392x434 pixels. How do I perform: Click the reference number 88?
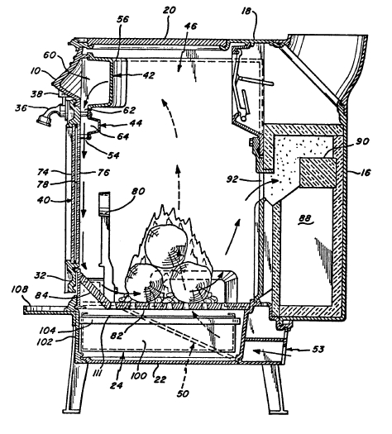pos(306,219)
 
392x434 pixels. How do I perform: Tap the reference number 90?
pos(363,141)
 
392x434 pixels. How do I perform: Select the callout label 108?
pos(20,290)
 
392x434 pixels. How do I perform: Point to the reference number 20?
pos(169,11)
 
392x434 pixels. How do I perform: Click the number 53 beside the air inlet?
pos(318,350)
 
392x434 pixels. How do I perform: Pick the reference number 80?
pos(138,191)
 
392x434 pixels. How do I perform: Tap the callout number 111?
pos(97,373)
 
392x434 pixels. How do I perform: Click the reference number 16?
pos(366,173)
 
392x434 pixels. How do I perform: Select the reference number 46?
pos(190,26)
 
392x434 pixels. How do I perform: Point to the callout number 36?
pos(22,107)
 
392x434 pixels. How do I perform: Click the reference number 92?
pos(232,179)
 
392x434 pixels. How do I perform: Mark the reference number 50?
pos(183,393)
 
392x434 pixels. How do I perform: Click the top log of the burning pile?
pos(166,244)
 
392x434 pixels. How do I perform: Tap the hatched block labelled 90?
pos(318,173)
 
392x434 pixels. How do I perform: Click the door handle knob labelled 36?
pos(44,120)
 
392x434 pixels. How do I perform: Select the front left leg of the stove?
pos(73,388)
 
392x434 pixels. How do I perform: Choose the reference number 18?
pos(246,11)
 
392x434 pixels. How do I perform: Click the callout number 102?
pos(45,342)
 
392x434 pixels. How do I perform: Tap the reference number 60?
pos(50,55)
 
